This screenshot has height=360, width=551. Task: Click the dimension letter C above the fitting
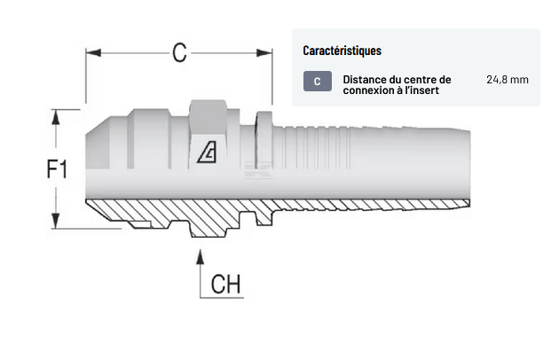point(180,53)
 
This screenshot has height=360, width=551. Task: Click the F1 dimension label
point(57,168)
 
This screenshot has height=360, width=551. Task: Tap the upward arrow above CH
point(201,257)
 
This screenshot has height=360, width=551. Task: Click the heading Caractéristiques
point(342,51)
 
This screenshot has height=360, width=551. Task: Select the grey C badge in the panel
point(317,82)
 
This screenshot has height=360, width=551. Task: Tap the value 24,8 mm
point(507,80)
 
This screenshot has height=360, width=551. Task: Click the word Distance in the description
point(365,79)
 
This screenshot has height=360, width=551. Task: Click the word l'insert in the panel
point(421,90)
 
